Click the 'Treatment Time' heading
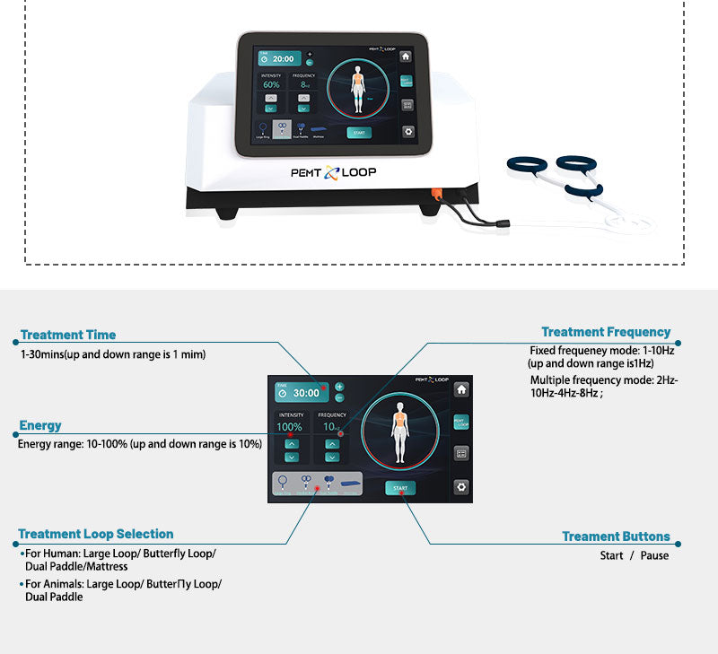[68, 335]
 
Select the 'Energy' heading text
[40, 425]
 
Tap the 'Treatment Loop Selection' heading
[96, 534]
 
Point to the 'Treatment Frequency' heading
[606, 332]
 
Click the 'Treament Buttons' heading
[616, 536]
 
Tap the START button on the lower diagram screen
[400, 488]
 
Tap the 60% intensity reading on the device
[271, 85]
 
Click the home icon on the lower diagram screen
[460, 389]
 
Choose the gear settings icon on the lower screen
[460, 487]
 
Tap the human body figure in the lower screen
[400, 431]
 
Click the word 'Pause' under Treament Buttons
[654, 555]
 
